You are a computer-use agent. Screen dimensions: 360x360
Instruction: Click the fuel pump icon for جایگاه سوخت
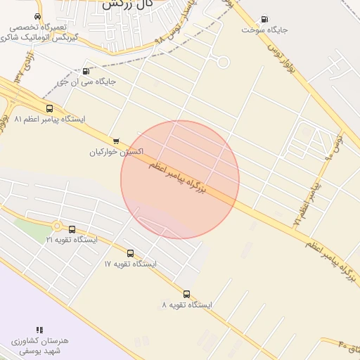264,19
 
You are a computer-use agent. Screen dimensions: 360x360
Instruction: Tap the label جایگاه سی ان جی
86,82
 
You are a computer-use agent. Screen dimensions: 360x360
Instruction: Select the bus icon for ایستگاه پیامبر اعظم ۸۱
49,108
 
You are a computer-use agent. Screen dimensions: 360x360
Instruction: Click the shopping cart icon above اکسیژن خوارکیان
116,141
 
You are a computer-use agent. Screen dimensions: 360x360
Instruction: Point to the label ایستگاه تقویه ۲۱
72,240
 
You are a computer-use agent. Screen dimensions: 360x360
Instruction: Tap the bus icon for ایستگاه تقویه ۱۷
130,253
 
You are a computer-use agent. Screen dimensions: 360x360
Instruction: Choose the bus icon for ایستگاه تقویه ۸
186,294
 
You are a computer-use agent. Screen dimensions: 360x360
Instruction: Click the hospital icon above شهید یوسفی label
39,329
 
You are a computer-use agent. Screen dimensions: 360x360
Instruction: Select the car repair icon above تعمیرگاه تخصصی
37,16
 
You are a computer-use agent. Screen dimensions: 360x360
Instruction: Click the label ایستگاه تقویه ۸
186,305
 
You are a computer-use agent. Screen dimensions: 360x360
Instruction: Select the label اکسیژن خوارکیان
117,152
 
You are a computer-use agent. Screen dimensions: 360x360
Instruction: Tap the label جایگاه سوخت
264,30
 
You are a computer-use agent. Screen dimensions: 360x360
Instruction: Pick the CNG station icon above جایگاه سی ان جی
86,70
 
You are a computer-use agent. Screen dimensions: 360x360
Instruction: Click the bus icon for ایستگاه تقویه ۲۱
72,229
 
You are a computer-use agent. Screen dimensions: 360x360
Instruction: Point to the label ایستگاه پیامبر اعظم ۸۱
49,120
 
